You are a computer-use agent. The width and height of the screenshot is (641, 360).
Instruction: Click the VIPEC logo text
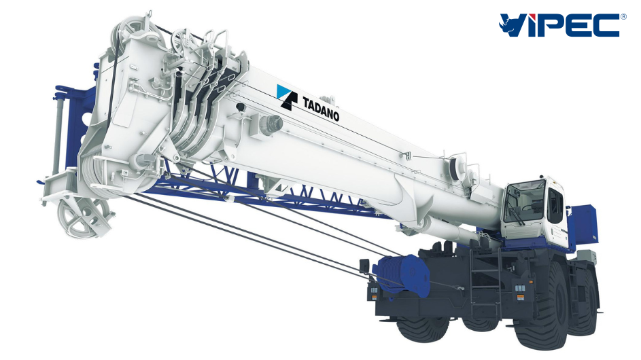(563, 24)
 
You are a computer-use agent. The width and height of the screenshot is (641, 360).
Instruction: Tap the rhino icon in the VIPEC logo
(509, 24)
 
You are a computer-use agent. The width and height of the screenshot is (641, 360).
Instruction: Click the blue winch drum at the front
(403, 274)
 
